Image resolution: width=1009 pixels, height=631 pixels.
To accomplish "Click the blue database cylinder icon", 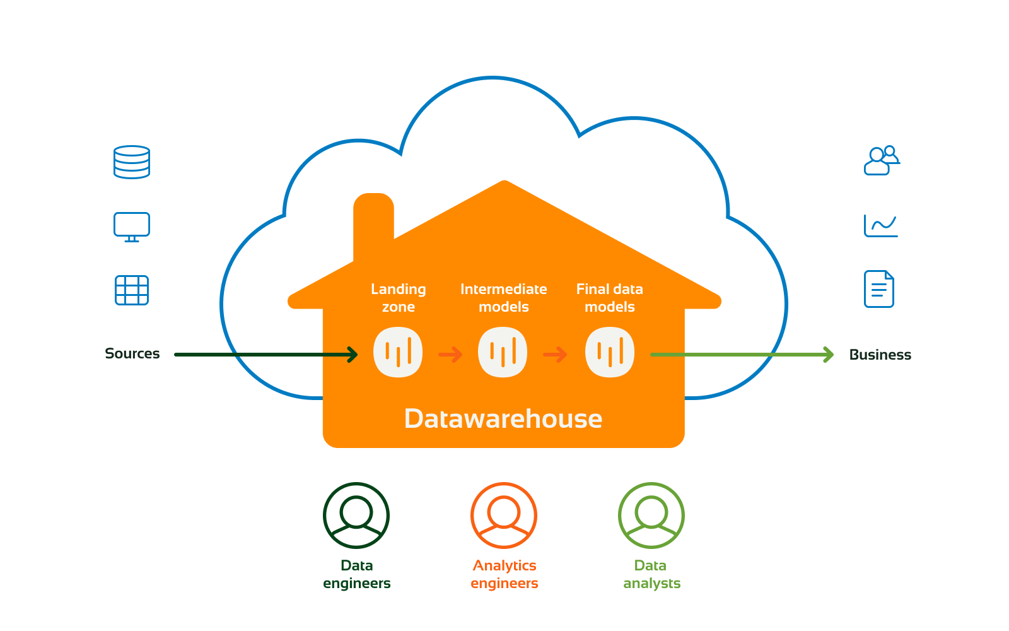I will point(132,162).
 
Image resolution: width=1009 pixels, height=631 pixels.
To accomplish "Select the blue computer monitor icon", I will point(132,227).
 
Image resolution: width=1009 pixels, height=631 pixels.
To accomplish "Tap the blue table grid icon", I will point(132,290).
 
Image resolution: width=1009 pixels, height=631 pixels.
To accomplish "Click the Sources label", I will point(132,353).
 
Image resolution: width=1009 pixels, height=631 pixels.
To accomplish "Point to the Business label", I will point(880,355).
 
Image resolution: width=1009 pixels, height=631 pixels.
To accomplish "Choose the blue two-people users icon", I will point(881,160).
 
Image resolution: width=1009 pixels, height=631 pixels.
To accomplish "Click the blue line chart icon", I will point(880,226).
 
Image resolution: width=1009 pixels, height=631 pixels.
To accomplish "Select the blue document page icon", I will point(878,289).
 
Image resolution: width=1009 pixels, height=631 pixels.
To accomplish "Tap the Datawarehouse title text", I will point(503,419).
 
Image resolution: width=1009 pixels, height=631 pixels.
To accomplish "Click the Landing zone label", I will point(399,298).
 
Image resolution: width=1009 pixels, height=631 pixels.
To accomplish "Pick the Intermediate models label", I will point(504,298).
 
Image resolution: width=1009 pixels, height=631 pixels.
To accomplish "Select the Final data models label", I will point(610,298).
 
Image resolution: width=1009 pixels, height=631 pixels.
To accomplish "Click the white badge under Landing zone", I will point(398,352).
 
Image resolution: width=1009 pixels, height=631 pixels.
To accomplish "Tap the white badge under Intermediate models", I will point(503,352).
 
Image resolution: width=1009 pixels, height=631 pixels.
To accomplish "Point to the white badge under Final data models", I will point(610,352).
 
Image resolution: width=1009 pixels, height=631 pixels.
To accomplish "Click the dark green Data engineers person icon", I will point(356,516).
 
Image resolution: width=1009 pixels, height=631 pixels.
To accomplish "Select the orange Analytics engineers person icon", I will point(504,516).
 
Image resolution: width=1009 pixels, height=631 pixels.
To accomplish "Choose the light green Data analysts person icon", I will point(651,516).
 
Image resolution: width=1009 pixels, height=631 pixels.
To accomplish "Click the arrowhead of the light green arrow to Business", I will point(829,355).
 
